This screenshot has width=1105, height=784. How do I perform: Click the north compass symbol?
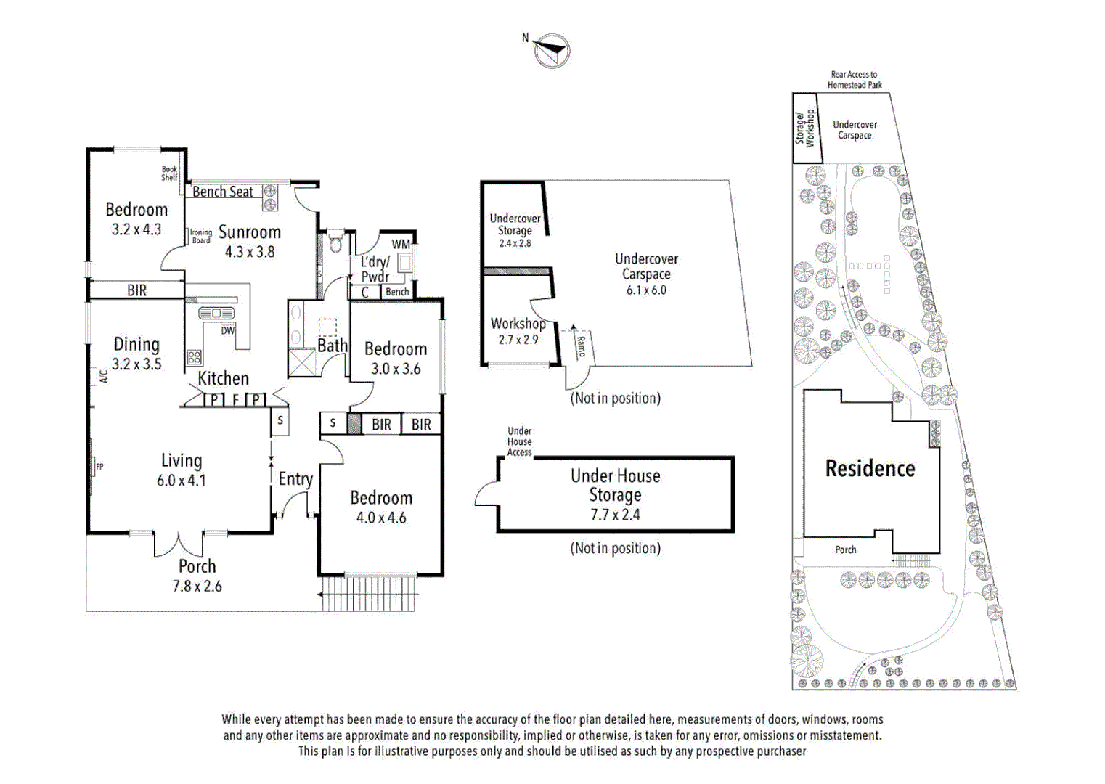[552, 50]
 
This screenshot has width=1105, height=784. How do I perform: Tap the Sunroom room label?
[249, 232]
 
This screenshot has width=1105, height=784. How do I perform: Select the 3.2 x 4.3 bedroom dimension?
[136, 229]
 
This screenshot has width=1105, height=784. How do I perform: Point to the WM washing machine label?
[401, 245]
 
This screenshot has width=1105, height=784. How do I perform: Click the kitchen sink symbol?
[216, 313]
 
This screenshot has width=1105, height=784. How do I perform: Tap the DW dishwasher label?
[228, 331]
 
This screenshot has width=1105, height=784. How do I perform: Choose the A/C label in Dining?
[103, 377]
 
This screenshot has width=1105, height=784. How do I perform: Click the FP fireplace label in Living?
[99, 467]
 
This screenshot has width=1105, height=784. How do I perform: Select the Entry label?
[295, 479]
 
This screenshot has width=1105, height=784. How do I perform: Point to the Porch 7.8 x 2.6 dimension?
[197, 587]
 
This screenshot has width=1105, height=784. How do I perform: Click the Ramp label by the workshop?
[580, 346]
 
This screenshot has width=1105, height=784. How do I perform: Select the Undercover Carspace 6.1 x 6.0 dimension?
[646, 290]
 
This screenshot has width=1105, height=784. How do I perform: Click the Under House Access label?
[519, 441]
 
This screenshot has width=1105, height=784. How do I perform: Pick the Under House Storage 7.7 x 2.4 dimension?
[615, 515]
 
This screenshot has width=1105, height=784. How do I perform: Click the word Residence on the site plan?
[870, 468]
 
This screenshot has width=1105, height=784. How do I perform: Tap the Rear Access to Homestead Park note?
[855, 80]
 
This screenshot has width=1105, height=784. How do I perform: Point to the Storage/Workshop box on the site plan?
[805, 128]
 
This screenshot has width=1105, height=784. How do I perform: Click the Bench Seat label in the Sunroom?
[223, 192]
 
